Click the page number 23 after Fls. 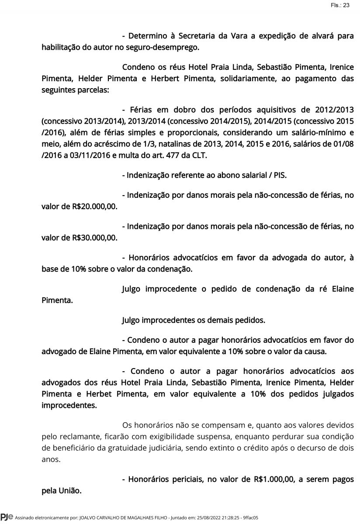coord(346,5)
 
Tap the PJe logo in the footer coord(7,518)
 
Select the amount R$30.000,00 coord(96,238)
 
